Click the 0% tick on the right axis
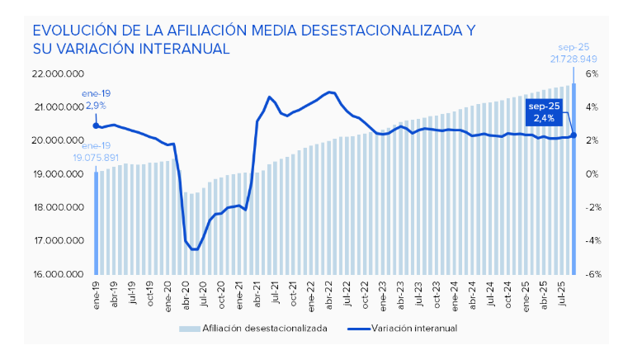(x=591, y=173)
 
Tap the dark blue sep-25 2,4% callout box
(x=544, y=112)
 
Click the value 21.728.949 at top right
(x=573, y=59)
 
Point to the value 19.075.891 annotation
(x=97, y=157)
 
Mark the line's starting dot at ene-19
(x=96, y=126)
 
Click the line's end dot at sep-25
(x=573, y=135)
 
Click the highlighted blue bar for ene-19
(x=96, y=223)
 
